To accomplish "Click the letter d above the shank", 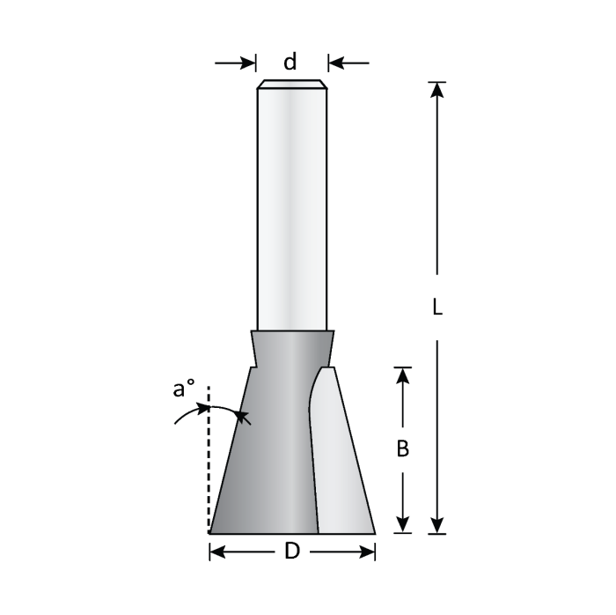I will click(290, 62).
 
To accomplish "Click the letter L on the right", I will click(437, 307).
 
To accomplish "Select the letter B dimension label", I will click(402, 448).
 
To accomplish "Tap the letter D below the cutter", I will click(292, 552).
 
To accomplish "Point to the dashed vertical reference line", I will click(209, 467).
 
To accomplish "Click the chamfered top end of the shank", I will click(292, 85).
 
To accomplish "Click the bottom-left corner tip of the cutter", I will click(210, 532).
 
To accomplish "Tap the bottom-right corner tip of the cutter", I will click(374, 532).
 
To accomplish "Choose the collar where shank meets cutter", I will click(292, 347).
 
